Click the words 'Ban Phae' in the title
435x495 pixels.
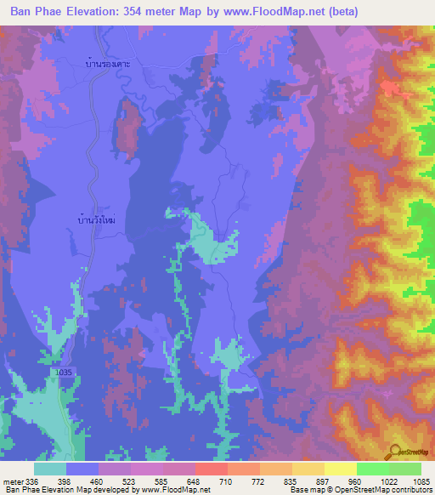click(38, 12)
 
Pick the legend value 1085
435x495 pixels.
click(422, 482)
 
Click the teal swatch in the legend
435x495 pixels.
click(50, 469)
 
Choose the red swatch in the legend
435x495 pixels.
click(212, 469)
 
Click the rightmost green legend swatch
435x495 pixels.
click(405, 469)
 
